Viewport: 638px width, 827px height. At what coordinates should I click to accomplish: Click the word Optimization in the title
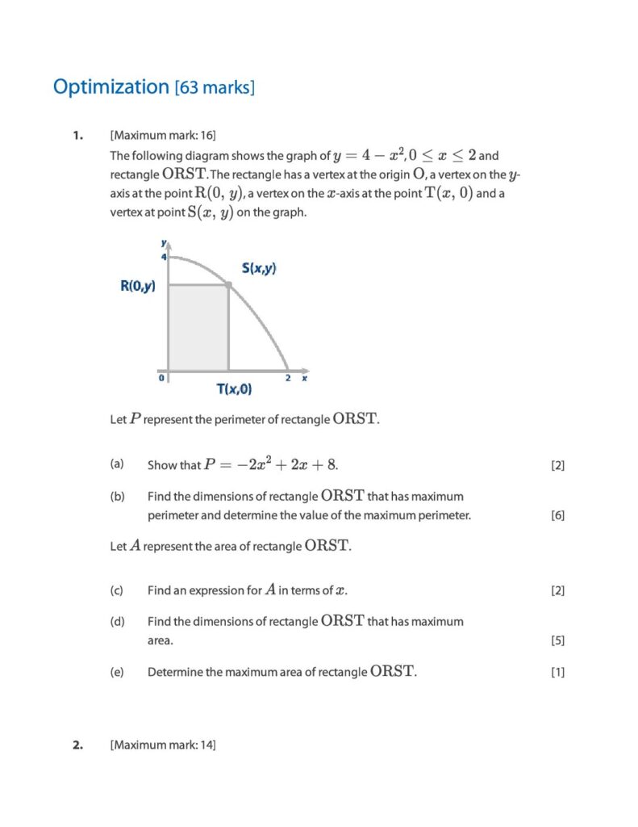pyautogui.click(x=111, y=86)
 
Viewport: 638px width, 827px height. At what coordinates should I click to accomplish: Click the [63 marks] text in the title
pyautogui.click(x=215, y=87)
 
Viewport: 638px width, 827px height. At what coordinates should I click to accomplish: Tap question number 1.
pyautogui.click(x=77, y=135)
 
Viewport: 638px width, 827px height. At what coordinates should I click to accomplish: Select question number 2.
pyautogui.click(x=77, y=745)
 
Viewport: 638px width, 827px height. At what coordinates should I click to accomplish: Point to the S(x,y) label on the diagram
pyautogui.click(x=259, y=268)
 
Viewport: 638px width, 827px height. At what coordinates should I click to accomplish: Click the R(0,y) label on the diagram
pyautogui.click(x=138, y=285)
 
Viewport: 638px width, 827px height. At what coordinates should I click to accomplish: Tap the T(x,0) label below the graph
pyautogui.click(x=233, y=389)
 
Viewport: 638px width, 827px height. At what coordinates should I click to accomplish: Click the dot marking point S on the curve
pyautogui.click(x=228, y=284)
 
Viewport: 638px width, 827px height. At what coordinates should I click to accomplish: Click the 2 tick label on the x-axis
pyautogui.click(x=288, y=377)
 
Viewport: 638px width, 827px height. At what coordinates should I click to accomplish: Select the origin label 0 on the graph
pyautogui.click(x=161, y=377)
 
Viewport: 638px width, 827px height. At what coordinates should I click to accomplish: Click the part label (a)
pyautogui.click(x=117, y=464)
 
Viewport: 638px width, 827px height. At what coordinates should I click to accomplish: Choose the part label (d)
pyautogui.click(x=117, y=621)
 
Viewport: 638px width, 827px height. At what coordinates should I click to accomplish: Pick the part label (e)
pyautogui.click(x=117, y=672)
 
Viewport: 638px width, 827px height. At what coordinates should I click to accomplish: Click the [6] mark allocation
pyautogui.click(x=557, y=515)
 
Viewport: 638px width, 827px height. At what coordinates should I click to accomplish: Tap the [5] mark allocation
pyautogui.click(x=557, y=641)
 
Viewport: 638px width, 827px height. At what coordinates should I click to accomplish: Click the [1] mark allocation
pyautogui.click(x=557, y=672)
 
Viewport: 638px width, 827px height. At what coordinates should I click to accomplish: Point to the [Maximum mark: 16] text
pyautogui.click(x=163, y=135)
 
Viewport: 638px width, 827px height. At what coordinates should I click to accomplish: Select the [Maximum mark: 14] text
pyautogui.click(x=163, y=745)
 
